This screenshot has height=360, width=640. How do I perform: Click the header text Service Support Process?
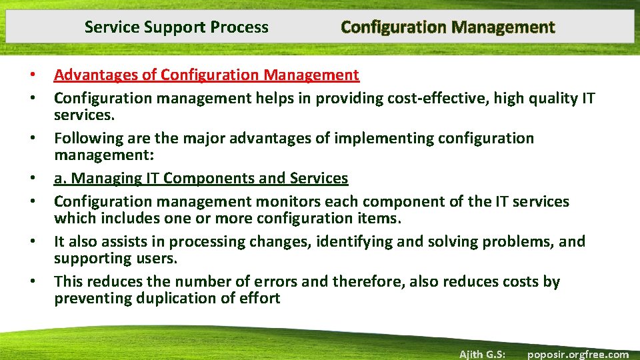tap(177, 27)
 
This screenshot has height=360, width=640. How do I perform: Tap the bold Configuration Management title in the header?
tap(447, 27)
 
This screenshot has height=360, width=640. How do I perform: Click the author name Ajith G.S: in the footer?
tap(482, 354)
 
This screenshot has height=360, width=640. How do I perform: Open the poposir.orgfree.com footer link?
tap(577, 354)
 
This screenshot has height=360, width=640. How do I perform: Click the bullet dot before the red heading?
tap(32, 75)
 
